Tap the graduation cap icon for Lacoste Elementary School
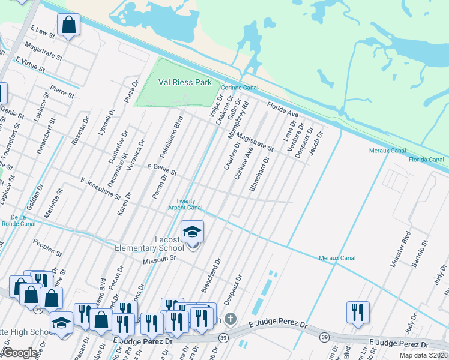point(193,232)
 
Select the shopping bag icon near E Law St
point(69,25)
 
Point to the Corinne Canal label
point(240,88)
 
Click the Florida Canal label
point(426,160)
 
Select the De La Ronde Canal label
point(22,220)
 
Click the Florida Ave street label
point(282,109)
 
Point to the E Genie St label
point(163,170)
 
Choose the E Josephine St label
point(105,187)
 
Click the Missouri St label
point(158,259)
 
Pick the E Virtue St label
point(31,64)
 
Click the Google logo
point(20,353)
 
